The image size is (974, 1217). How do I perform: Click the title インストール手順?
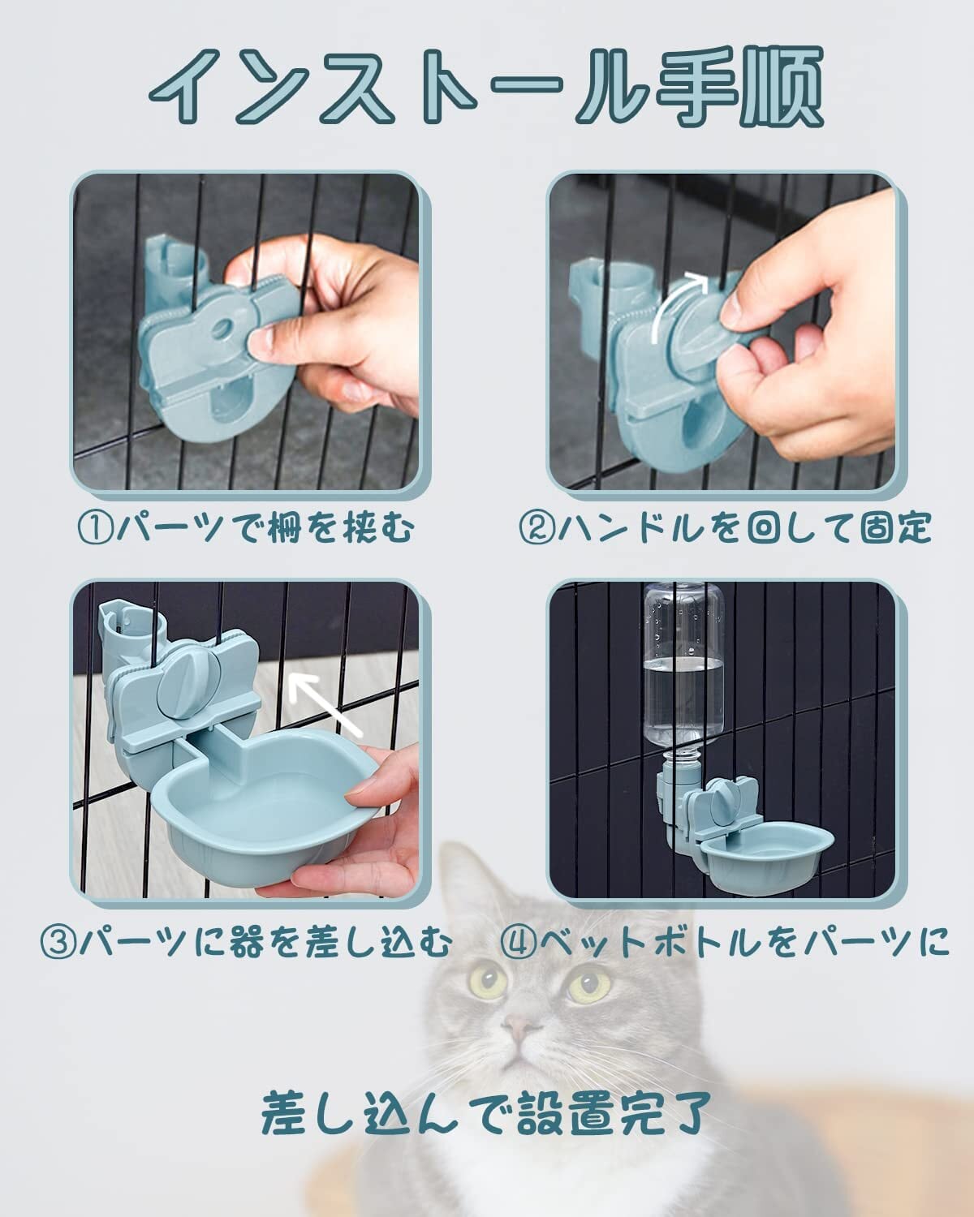[486, 86]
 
